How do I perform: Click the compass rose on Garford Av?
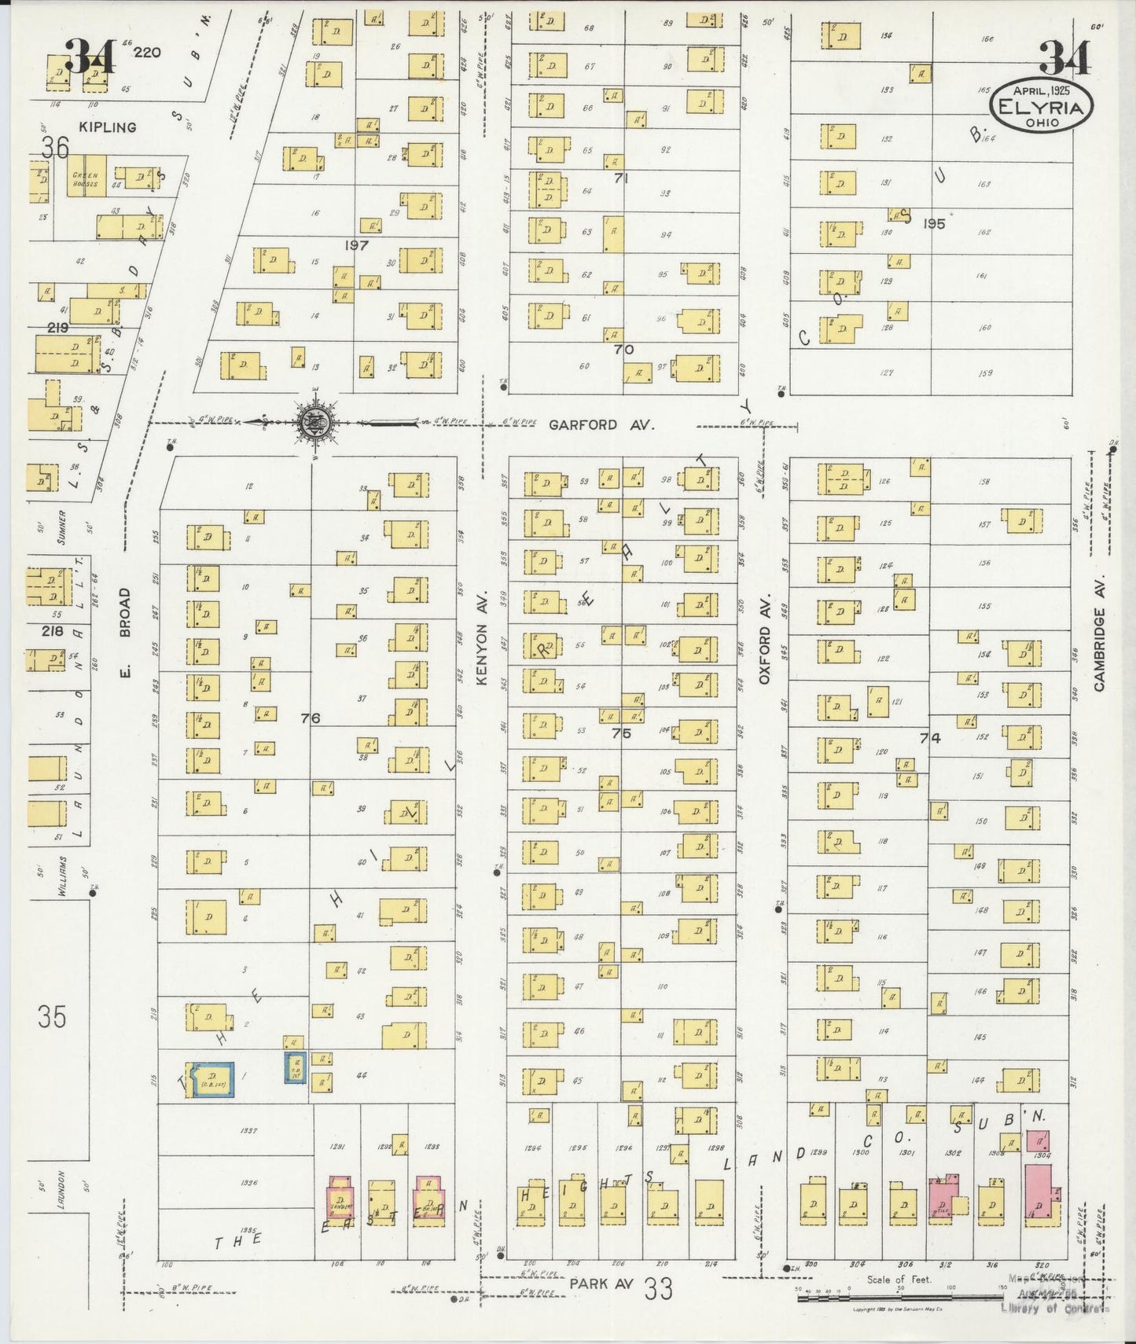coord(316,422)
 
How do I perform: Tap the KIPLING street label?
coord(108,127)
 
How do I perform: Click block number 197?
coord(356,246)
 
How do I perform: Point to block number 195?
coord(934,224)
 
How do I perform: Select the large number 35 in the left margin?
coord(52,1017)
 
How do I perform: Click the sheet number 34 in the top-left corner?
coord(90,57)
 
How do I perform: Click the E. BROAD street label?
coord(124,631)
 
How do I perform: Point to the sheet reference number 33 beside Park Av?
coord(658,1288)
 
